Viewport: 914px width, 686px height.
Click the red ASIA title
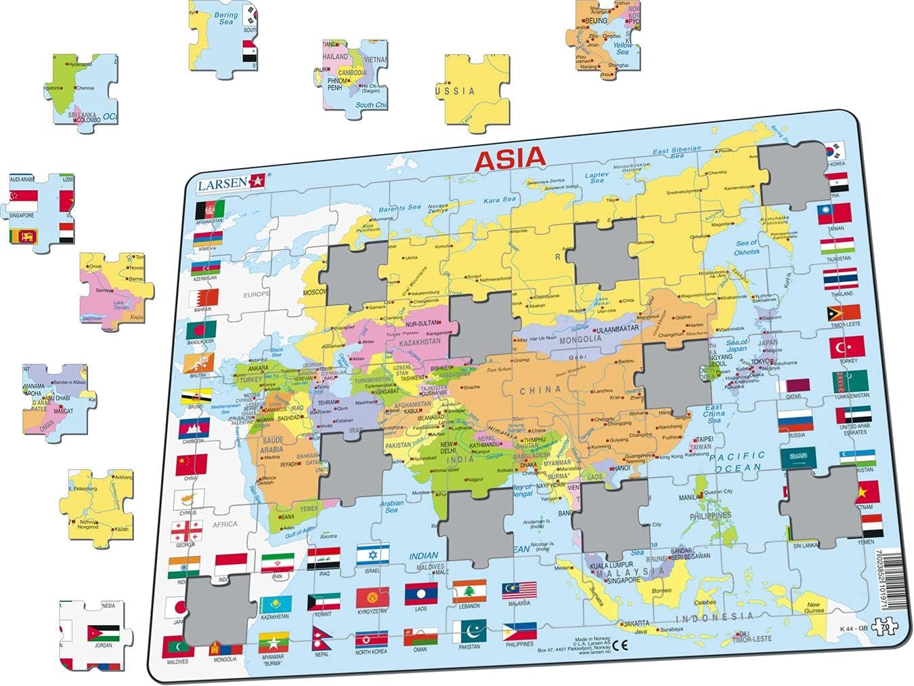click(x=510, y=159)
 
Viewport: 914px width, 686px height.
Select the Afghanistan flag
click(x=209, y=208)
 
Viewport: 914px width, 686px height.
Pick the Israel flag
click(x=373, y=554)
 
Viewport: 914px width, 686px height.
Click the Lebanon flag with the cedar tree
click(x=469, y=591)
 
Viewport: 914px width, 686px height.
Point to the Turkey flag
click(x=846, y=347)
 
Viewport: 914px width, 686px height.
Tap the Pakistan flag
click(x=469, y=631)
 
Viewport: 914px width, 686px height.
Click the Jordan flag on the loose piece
click(x=103, y=633)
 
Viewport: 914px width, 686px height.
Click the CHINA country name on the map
click(x=540, y=390)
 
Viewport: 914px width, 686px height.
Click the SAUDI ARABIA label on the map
click(x=271, y=445)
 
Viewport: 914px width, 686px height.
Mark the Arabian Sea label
click(x=391, y=506)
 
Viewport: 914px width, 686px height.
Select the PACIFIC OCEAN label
click(x=737, y=462)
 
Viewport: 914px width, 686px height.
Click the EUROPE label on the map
click(x=257, y=294)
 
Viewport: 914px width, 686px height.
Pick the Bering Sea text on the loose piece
click(x=225, y=18)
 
